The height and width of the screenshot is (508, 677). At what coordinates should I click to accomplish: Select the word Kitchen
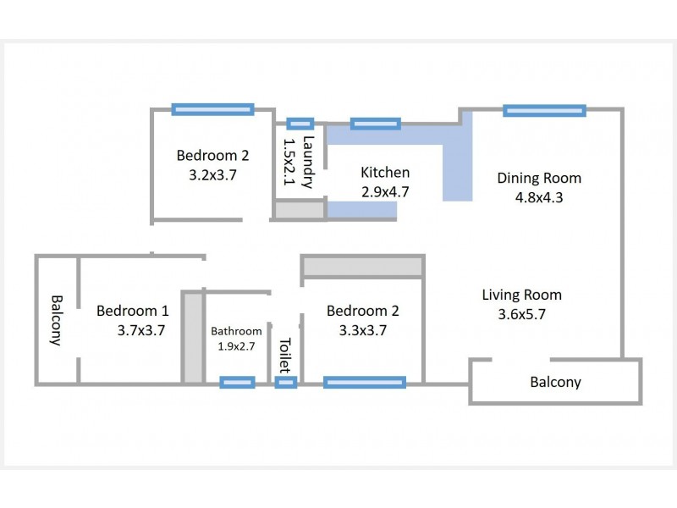pos(385,172)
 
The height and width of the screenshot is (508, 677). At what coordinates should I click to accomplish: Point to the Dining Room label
pos(539,178)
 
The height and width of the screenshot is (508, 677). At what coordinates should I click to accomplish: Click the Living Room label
pos(521,295)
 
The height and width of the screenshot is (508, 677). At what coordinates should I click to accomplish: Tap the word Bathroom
pos(236,331)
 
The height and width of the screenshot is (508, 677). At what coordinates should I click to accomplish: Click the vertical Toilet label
pos(284,356)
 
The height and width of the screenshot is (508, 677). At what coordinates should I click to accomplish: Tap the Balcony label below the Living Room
pos(555,381)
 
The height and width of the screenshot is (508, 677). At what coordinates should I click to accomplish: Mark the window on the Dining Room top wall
pos(544,110)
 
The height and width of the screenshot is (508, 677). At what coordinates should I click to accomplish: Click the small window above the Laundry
pos(300,124)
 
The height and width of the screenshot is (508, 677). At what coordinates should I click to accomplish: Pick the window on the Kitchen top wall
pos(375,124)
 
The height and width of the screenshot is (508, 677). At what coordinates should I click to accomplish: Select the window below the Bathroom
pos(237,383)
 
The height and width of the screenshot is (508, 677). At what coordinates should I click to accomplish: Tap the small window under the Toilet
pos(286,383)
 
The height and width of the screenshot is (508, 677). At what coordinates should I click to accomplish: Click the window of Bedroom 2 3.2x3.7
pos(212,108)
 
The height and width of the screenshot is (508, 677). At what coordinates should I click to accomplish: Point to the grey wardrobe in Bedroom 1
pos(193,336)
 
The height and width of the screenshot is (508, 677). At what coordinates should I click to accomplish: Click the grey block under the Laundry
pos(300,210)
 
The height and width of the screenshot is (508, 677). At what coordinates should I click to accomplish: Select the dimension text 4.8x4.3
pos(539,197)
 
